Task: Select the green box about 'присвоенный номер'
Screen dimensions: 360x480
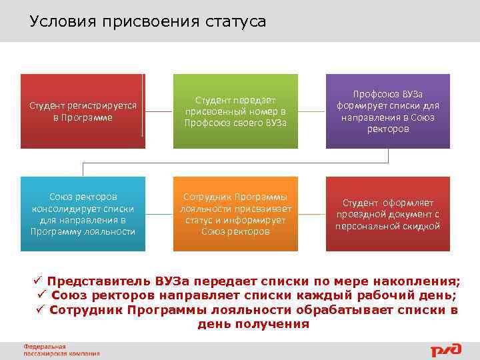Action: click(235, 111)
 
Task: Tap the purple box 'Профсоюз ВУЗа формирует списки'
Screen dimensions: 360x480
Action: click(387, 111)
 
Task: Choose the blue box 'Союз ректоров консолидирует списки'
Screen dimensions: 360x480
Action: click(83, 214)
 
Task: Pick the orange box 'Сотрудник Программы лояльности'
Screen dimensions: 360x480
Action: click(235, 214)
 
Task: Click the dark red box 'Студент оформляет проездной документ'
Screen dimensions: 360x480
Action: click(387, 214)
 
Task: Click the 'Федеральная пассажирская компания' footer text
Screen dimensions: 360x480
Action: click(61, 350)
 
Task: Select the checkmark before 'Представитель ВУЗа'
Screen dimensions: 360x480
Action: click(39, 281)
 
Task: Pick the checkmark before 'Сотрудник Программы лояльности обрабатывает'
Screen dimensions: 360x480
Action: click(41, 310)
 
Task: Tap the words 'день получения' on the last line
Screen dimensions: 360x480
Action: click(253, 325)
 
